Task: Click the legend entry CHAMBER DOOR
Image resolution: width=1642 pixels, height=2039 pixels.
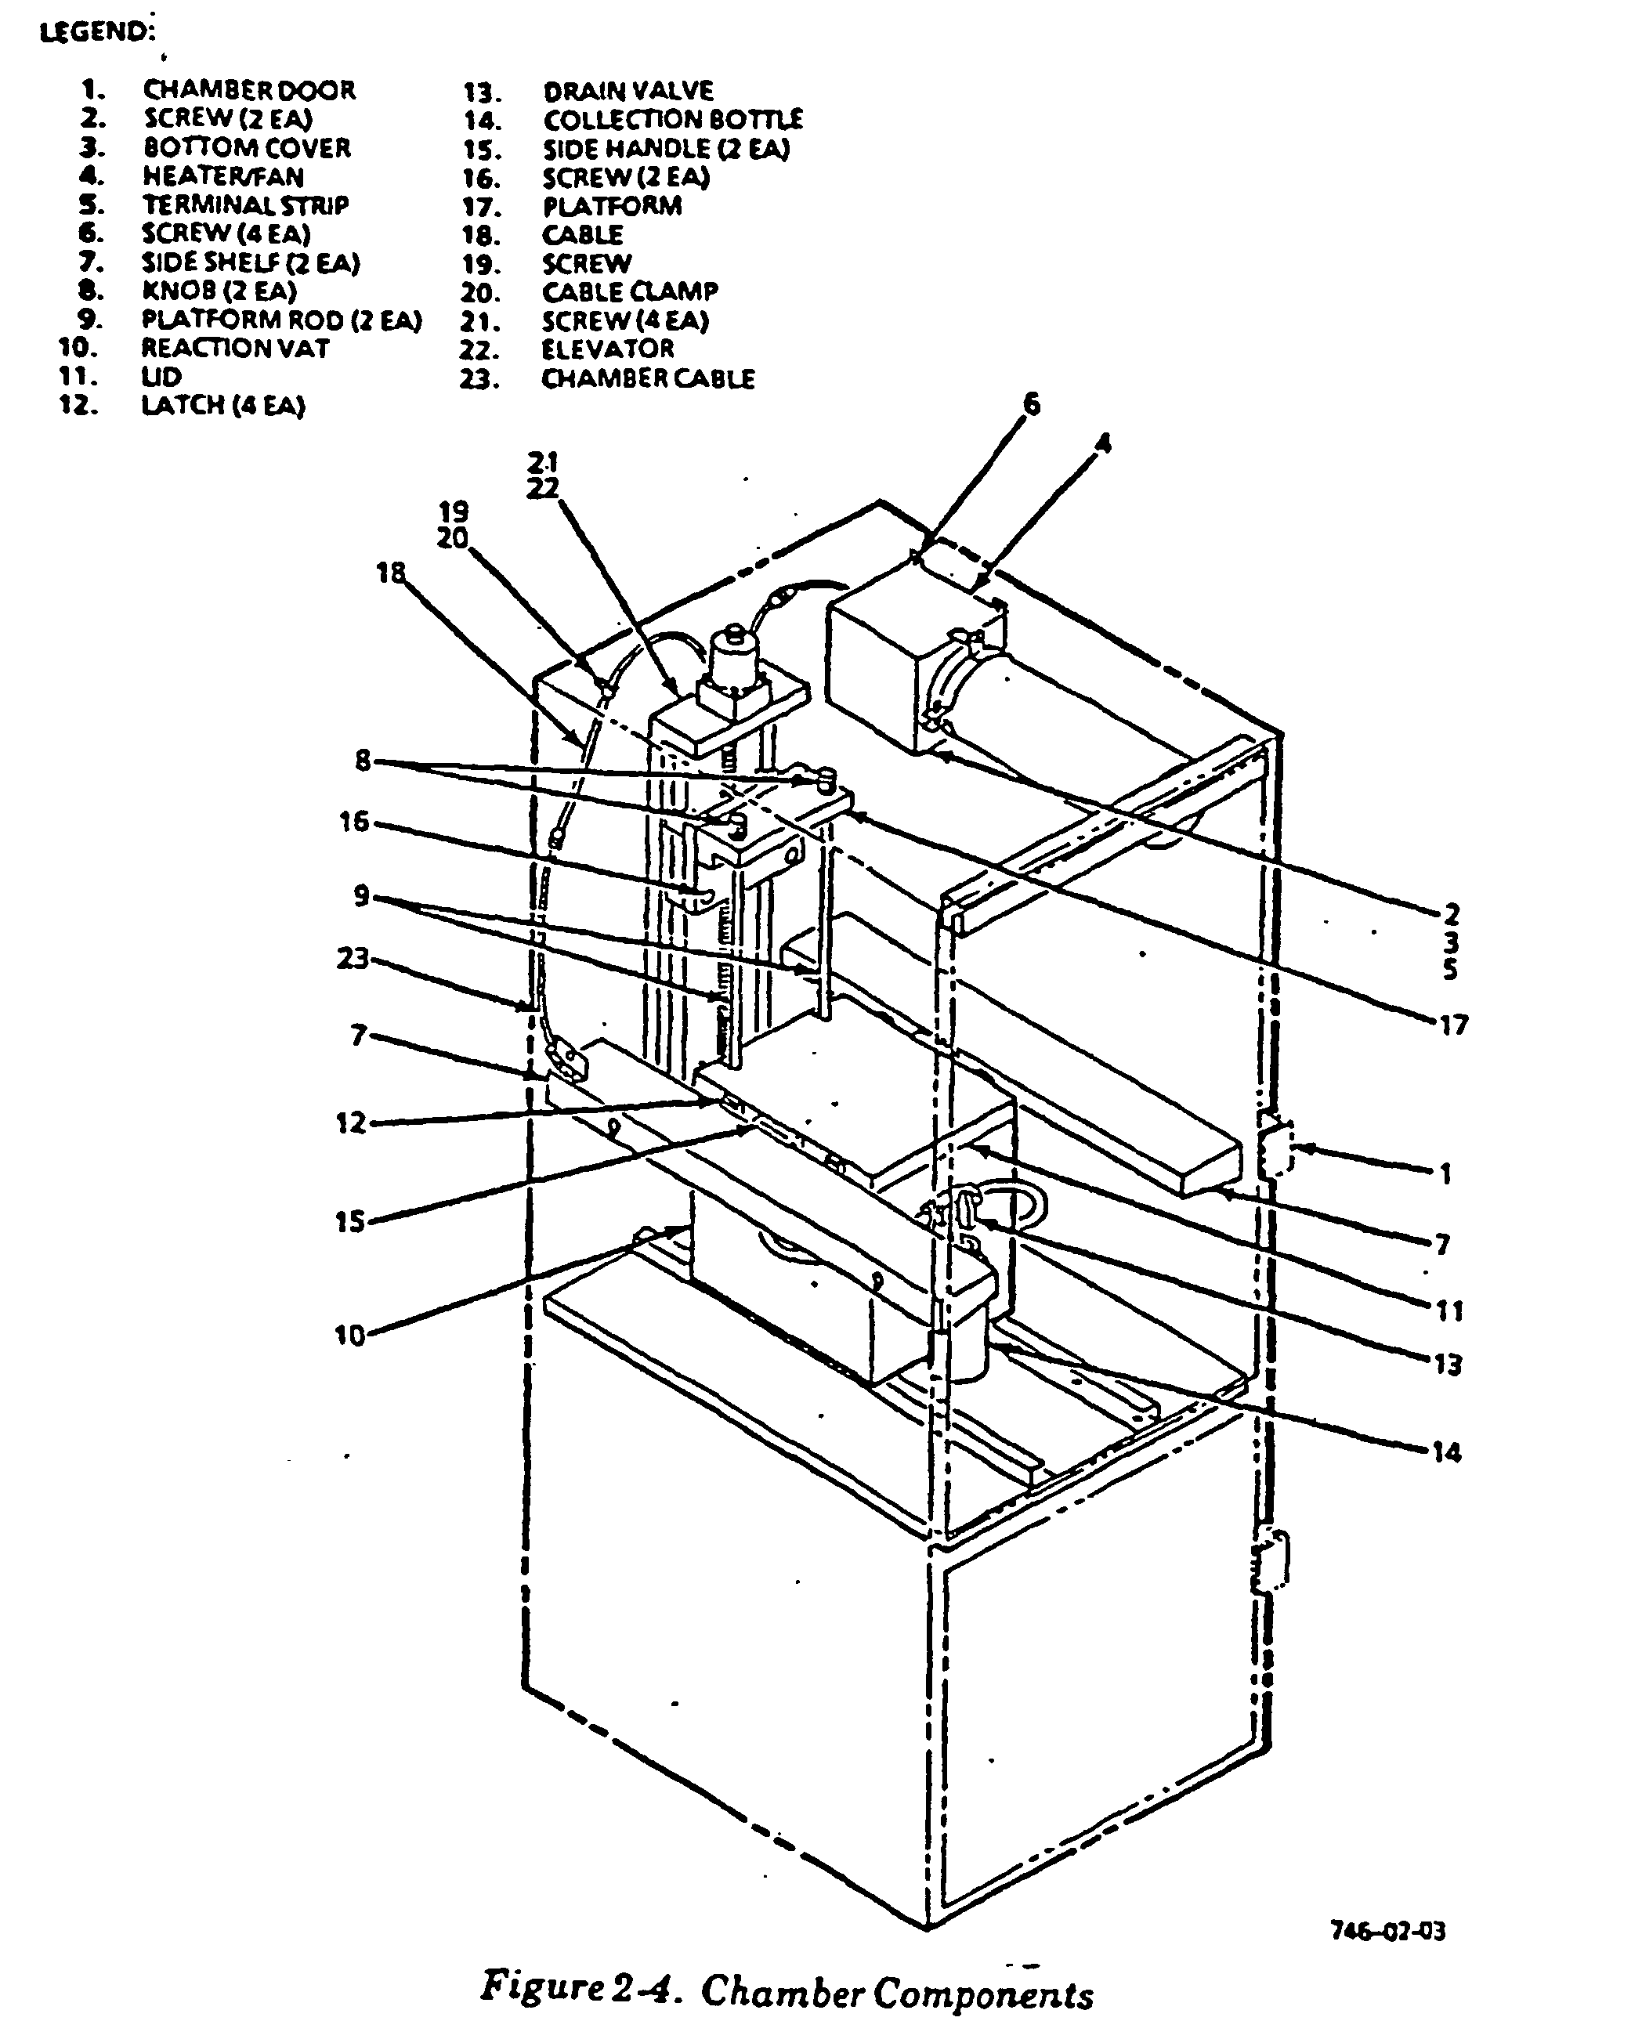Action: point(249,90)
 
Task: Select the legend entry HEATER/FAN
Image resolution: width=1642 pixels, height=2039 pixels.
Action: point(223,177)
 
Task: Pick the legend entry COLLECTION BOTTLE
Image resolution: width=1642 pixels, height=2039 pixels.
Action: point(672,120)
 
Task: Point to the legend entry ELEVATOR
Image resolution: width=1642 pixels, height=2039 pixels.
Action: point(607,349)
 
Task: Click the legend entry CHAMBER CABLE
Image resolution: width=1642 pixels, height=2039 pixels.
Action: point(648,378)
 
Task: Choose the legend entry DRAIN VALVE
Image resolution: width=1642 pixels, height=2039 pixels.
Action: point(628,91)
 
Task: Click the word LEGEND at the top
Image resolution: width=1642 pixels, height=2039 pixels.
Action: point(94,31)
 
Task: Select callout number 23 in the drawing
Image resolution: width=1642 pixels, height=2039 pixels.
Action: point(353,958)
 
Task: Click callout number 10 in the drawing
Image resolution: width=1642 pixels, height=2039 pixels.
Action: point(350,1336)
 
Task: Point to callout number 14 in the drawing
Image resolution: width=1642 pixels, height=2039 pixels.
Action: point(1447,1452)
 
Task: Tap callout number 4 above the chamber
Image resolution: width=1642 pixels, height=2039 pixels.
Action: point(1102,443)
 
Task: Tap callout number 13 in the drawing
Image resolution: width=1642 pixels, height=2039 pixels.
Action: point(1448,1364)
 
